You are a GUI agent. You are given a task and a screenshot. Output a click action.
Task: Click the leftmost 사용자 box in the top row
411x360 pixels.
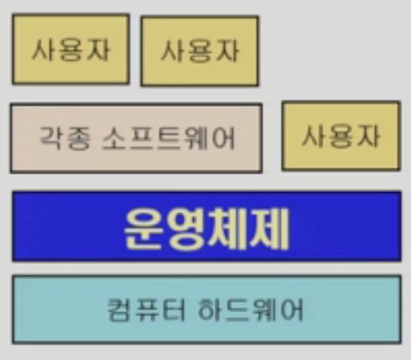coord(70,49)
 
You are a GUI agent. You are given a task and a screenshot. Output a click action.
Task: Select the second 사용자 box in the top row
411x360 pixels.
coord(200,51)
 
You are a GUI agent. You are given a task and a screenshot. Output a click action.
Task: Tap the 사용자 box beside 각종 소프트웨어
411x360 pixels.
coord(341,136)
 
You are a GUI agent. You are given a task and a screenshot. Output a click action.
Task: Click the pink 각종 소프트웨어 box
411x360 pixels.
coord(136,138)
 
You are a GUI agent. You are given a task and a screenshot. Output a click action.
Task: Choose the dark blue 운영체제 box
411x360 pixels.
coord(206,227)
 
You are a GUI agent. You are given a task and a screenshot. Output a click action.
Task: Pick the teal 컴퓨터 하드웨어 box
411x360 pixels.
coord(206,309)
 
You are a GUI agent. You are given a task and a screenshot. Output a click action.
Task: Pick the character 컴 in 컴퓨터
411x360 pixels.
coord(119,309)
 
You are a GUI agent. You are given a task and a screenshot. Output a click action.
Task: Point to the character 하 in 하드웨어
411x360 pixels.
coord(210,309)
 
